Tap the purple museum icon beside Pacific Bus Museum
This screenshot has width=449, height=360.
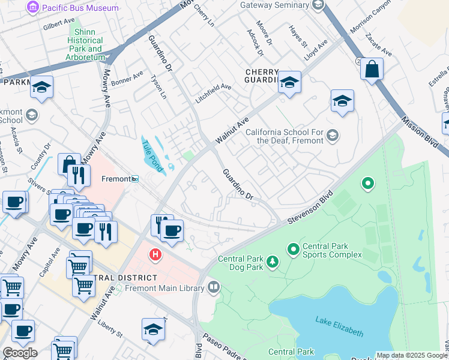point(34,8)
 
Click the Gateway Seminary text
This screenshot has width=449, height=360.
point(273,5)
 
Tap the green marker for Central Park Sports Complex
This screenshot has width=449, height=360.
point(293,248)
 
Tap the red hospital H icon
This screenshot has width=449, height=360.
point(155,255)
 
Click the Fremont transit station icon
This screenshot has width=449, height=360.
point(136,179)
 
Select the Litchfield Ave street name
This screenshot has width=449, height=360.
point(214,87)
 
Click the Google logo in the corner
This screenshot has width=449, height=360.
point(20,353)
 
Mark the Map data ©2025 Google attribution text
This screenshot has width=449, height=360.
point(411,355)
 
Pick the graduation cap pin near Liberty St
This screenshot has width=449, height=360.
point(154,329)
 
